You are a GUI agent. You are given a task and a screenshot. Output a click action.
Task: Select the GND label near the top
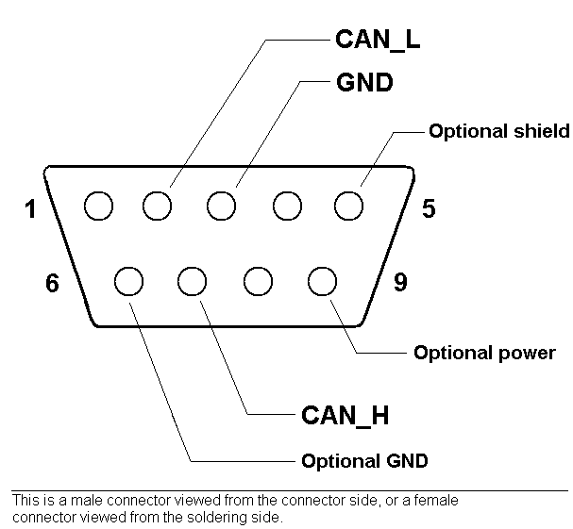pos(363,82)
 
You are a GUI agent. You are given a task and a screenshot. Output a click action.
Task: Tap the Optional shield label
pos(498,131)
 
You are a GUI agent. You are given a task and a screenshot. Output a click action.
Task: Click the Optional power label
pos(484,354)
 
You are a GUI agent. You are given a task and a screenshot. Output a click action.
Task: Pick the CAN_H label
pos(345,414)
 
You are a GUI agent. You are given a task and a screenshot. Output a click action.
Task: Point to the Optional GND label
pos(364,461)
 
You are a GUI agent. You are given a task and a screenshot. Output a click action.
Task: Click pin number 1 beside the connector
pos(31,208)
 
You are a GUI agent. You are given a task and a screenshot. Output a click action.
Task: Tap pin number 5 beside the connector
pos(429,208)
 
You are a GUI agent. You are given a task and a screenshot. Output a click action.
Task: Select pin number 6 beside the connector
pos(52,283)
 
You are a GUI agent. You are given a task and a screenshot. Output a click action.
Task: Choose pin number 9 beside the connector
pos(400,283)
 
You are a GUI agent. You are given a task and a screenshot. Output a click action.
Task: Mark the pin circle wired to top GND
pos(222,205)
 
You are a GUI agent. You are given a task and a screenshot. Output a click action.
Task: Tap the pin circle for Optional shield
pos(348,205)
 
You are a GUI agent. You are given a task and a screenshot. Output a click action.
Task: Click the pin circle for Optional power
pos(321,280)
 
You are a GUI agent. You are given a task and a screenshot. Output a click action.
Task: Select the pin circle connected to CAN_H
pos(192,280)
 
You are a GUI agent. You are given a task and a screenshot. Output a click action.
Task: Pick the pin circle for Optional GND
pos(129,280)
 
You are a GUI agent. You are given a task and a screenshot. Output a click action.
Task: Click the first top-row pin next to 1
pos(98,205)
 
